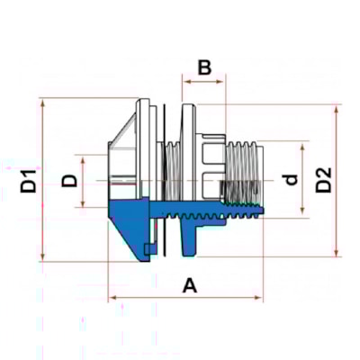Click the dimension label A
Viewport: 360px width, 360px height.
[190, 285]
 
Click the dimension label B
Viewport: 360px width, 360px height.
[204, 67]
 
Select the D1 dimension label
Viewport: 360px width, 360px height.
[30, 179]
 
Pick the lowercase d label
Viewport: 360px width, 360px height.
[290, 179]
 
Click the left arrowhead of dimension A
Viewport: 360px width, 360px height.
[112, 298]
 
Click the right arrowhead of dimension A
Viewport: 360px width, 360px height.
[260, 298]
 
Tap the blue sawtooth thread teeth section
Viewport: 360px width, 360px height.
[216, 214]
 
